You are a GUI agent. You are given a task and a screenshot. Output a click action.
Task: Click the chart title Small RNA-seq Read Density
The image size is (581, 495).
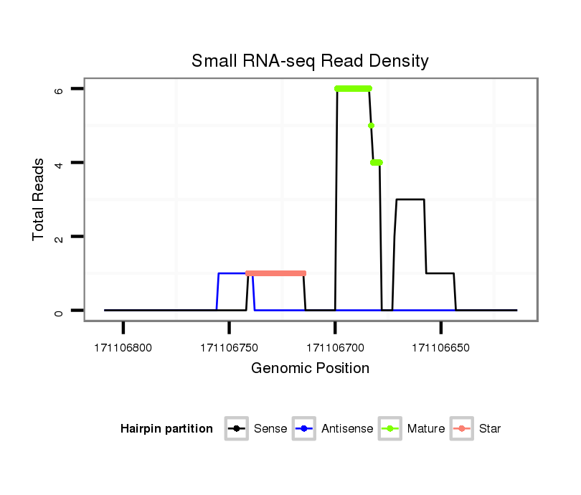310,61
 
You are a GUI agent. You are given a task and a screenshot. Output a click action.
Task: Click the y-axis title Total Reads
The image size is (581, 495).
39,199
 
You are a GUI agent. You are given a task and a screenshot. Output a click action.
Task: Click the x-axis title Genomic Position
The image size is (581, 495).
310,369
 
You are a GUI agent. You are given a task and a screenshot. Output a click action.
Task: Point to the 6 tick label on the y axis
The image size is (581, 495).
59,89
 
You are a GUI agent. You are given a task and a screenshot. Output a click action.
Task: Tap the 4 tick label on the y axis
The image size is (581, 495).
59,163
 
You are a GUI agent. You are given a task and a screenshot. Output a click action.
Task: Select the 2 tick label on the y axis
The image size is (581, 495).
59,237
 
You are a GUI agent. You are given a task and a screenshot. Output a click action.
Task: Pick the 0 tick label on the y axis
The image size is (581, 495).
59,311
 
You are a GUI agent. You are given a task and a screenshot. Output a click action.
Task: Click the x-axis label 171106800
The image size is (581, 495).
123,348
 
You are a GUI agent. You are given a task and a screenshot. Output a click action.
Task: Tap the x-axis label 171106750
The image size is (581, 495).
229,348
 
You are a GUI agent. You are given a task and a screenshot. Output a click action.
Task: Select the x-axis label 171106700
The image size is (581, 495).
335,348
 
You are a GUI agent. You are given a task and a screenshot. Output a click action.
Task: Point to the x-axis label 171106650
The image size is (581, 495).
440,348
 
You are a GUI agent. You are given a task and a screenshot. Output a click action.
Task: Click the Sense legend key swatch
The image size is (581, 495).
236,429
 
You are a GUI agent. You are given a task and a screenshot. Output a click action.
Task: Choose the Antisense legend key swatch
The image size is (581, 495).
304,429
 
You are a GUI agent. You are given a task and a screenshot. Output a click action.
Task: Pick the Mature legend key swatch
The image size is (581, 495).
390,429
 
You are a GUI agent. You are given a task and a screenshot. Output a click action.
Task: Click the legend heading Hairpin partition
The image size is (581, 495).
167,429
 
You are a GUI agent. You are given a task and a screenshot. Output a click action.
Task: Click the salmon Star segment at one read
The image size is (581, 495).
276,273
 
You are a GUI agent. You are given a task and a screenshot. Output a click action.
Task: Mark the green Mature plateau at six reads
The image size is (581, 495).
353,89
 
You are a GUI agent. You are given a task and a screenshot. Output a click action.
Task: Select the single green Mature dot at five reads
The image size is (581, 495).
371,126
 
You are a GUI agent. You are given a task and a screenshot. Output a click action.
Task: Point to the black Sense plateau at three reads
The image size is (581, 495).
410,199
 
